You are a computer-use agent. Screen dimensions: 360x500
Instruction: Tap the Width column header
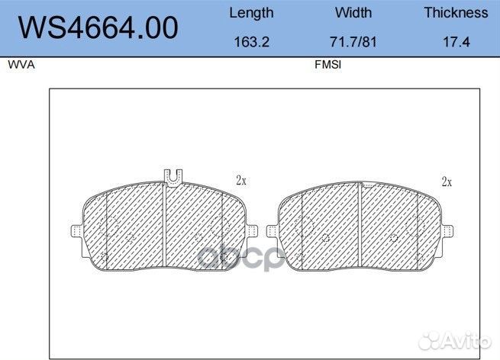[353, 13]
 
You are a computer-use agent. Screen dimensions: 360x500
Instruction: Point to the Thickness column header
[456, 13]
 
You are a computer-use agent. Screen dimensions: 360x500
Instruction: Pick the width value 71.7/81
[353, 43]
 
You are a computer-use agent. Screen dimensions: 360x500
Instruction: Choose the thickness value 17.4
[456, 43]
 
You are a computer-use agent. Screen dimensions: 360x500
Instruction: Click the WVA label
[21, 66]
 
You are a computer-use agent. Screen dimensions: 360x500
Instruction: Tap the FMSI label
[327, 66]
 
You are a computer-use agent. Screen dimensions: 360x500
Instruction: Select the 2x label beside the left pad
[241, 181]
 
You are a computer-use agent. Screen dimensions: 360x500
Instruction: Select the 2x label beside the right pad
[447, 182]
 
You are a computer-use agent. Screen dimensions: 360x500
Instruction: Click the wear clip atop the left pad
[173, 176]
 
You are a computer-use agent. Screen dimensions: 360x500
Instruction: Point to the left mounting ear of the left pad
[75, 231]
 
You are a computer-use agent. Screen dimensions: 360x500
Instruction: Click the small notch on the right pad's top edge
[367, 185]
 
